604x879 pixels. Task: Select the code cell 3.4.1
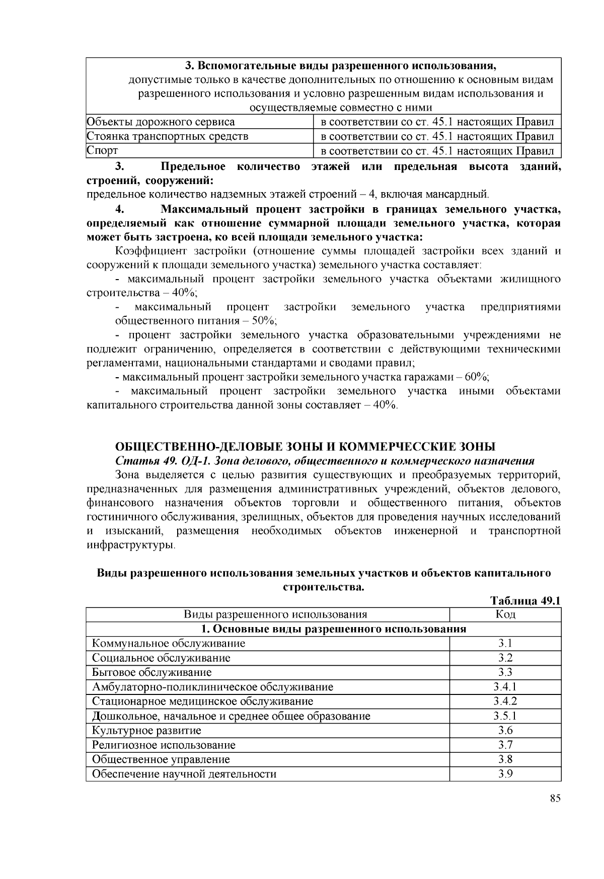pyautogui.click(x=505, y=687)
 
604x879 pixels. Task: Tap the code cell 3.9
pyautogui.click(x=505, y=774)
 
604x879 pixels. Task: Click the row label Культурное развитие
pyautogui.click(x=146, y=730)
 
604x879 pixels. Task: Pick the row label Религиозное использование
pyautogui.click(x=164, y=745)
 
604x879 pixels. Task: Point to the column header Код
pyautogui.click(x=505, y=614)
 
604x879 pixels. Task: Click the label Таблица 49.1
pyautogui.click(x=525, y=601)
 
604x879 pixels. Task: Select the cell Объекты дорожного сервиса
pyautogui.click(x=161, y=122)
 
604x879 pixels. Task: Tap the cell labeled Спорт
pyautogui.click(x=103, y=150)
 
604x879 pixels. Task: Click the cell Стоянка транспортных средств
pyautogui.click(x=168, y=136)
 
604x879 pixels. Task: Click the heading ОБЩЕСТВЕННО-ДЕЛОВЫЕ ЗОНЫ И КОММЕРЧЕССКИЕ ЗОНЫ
pyautogui.click(x=306, y=447)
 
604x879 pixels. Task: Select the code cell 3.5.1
pyautogui.click(x=505, y=716)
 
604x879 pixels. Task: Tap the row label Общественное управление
pyautogui.click(x=161, y=759)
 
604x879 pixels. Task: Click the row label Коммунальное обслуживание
pyautogui.click(x=169, y=643)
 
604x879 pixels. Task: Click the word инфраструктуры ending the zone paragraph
pyautogui.click(x=131, y=545)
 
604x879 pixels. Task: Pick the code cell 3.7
pyautogui.click(x=505, y=745)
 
